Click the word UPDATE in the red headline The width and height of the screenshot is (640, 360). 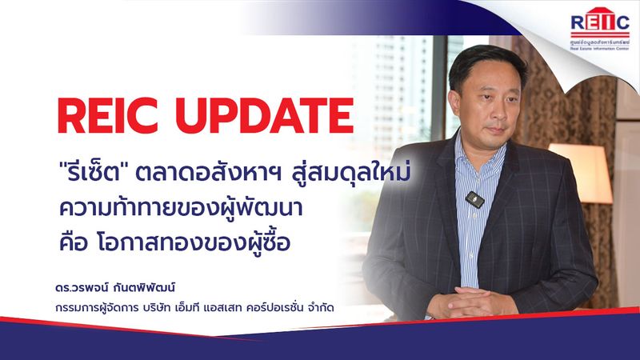(263, 118)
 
